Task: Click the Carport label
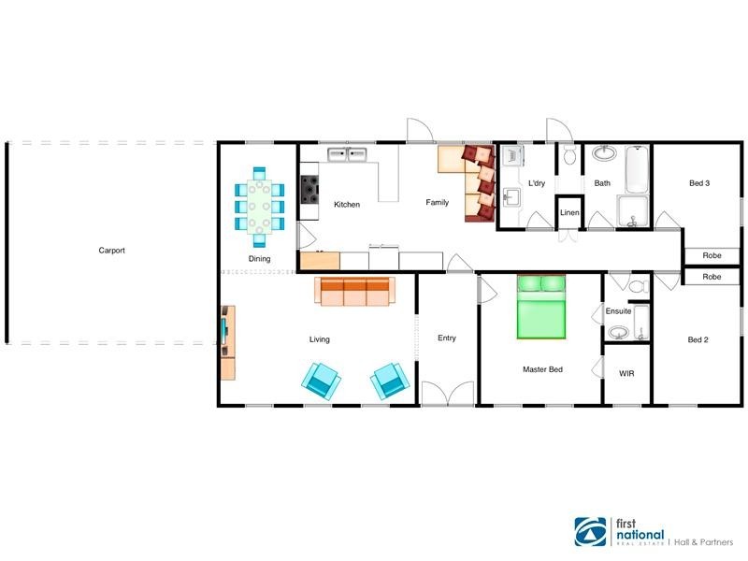click(x=111, y=251)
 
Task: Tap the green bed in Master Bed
click(x=541, y=308)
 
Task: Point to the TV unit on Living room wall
click(x=227, y=341)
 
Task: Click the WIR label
click(x=626, y=373)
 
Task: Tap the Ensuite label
click(x=618, y=310)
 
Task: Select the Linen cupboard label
click(x=569, y=213)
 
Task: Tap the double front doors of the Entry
click(x=447, y=395)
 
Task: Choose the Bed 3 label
click(x=699, y=183)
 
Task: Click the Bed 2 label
click(x=698, y=339)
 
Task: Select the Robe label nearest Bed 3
click(x=712, y=255)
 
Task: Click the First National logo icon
click(x=589, y=534)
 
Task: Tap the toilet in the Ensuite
click(x=639, y=286)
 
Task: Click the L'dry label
click(x=536, y=183)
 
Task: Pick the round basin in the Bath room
click(x=603, y=153)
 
